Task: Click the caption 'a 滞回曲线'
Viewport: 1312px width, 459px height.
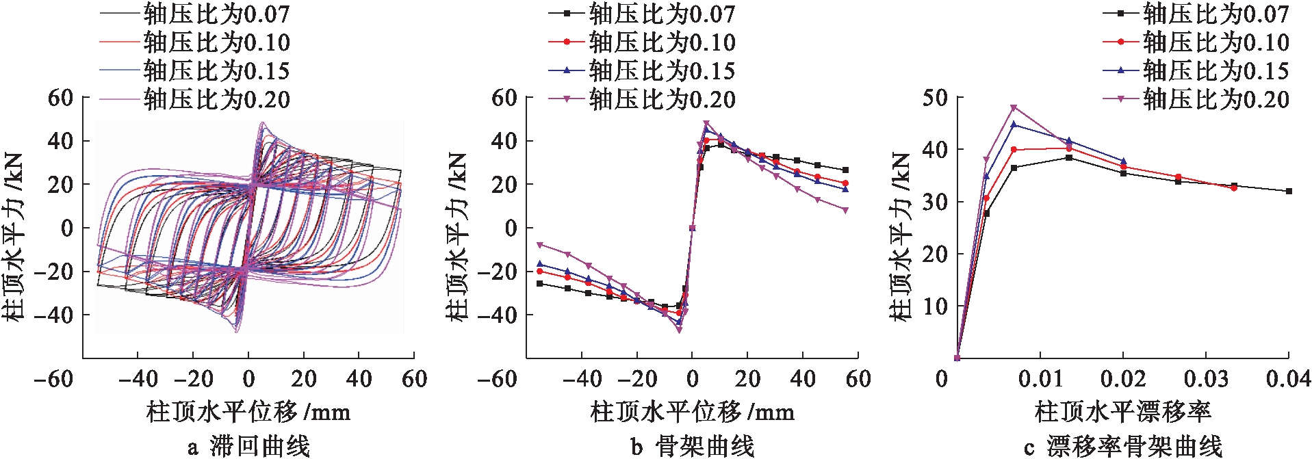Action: [248, 446]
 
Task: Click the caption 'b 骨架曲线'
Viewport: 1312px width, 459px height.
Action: [692, 446]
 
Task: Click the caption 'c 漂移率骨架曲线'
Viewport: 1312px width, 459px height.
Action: [1123, 446]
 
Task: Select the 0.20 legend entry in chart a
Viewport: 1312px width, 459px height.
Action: [216, 100]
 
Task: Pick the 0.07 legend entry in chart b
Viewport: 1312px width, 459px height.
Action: [661, 14]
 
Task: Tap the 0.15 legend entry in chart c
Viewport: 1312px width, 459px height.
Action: [1215, 71]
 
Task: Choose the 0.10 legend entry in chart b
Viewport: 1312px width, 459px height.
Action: [661, 42]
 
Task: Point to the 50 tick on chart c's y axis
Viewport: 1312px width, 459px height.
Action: [935, 98]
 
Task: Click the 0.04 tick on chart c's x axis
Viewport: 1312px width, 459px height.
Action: [1288, 378]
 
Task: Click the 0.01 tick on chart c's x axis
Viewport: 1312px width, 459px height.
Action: [1040, 378]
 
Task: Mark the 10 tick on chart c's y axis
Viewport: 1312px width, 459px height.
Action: [935, 306]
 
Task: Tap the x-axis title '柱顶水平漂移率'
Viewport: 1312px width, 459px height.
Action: [1123, 412]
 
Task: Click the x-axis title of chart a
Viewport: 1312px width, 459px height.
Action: [248, 412]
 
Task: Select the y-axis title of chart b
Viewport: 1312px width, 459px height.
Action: [456, 236]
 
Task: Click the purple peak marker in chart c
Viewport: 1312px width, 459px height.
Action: [1014, 107]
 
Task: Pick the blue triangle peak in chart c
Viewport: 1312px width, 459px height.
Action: [1014, 124]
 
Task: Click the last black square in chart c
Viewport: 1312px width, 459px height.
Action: [1289, 192]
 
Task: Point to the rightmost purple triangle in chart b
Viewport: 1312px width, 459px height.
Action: [845, 210]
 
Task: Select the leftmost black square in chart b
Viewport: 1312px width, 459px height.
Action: [540, 283]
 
